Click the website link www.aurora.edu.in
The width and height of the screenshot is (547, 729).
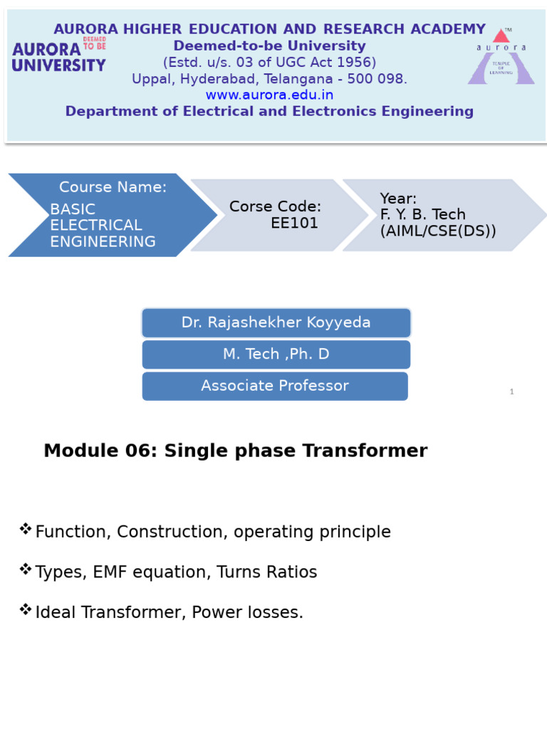269,95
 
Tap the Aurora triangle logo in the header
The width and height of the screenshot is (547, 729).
501,56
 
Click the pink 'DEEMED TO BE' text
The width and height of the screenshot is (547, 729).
95,43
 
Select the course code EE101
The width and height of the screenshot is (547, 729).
294,223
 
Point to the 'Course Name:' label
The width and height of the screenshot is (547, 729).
113,187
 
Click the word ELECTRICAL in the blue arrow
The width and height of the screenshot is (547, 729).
96,225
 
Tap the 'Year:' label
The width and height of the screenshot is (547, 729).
398,199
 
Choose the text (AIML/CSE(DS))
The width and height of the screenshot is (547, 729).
438,231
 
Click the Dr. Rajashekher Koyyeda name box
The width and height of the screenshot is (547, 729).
276,322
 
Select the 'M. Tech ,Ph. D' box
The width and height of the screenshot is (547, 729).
276,355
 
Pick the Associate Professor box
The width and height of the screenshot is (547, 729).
275,386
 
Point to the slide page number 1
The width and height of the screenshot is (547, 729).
511,392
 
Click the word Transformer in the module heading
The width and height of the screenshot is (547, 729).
365,451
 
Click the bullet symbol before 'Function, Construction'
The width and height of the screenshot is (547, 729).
26,529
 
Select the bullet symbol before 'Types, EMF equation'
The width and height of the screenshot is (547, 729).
26,569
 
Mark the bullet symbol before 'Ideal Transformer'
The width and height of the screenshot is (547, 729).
26,609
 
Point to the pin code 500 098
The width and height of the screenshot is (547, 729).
377,78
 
